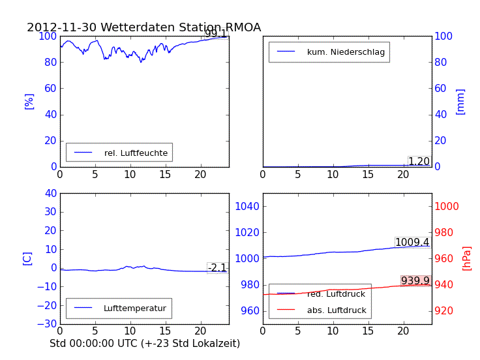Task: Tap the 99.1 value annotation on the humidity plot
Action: pos(216,34)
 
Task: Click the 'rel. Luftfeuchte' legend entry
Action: pos(136,153)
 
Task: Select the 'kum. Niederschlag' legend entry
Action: pos(346,52)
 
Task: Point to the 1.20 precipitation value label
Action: pos(419,162)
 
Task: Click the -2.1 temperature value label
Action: pos(217,267)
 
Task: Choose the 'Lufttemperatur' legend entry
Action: pos(134,308)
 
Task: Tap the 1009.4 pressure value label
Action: pos(412,243)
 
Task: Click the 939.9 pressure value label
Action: pos(415,281)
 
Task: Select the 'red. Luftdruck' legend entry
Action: pos(336,294)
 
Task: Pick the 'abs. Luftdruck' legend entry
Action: pos(337,310)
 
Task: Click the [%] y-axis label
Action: pos(29,101)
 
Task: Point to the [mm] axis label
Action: pos(460,102)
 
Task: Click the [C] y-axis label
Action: pos(27,258)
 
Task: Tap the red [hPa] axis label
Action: pos(467,258)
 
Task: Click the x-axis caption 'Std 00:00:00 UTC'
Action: pos(145,343)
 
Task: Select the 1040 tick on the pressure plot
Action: pos(248,206)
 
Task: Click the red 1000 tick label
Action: pos(447,206)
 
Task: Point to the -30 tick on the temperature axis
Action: pos(48,323)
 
